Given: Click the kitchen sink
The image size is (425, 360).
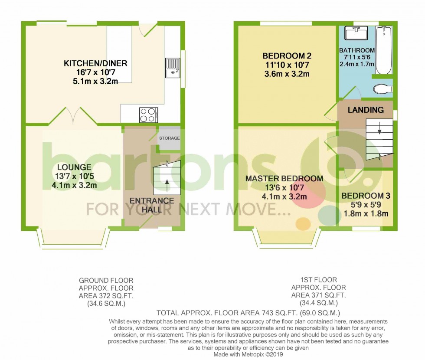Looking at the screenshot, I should point(172,68).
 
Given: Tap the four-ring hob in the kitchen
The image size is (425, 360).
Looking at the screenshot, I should point(148,114).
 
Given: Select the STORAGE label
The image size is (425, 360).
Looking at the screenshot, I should point(170,138).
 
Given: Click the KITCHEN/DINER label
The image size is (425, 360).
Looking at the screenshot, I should point(95,64).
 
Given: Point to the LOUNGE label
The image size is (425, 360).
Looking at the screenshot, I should point(74,167).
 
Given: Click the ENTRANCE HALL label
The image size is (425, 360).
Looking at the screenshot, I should point(151,205).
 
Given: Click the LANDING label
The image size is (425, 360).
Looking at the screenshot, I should point(366,110).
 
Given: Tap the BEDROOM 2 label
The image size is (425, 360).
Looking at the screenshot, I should point(287,56).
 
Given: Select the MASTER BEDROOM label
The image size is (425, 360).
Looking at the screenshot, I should point(284,179).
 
